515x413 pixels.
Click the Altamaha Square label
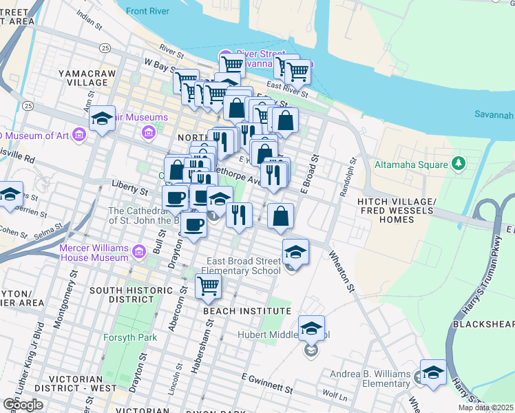[410, 165]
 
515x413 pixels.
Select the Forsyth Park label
[130, 337]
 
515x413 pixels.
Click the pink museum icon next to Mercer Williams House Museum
[140, 252]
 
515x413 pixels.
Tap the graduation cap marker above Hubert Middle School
[311, 329]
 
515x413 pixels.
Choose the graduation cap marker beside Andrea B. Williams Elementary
[432, 373]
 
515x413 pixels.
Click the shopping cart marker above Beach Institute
[208, 286]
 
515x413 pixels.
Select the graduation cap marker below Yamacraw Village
[102, 120]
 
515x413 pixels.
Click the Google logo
[23, 405]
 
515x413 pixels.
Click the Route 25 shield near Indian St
[105, 47]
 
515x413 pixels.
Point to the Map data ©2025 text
[485, 407]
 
